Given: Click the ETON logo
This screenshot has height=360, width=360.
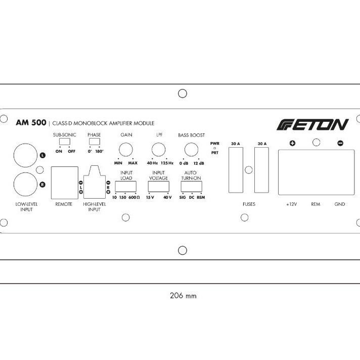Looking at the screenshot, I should click(x=313, y=124).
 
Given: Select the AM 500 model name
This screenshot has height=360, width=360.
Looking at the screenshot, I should click(x=31, y=122).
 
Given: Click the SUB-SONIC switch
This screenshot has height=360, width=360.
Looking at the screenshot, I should click(x=64, y=142).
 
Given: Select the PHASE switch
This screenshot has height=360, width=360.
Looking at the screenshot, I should click(x=94, y=142).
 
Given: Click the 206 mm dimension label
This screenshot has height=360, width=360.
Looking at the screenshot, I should click(x=183, y=296).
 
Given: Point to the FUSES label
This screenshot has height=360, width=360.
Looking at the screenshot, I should click(x=249, y=204).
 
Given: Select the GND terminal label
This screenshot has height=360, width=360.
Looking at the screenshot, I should click(x=340, y=204).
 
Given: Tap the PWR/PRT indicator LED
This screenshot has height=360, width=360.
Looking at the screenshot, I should click(x=215, y=148).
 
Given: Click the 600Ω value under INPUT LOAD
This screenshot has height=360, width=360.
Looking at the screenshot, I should click(x=134, y=197).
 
